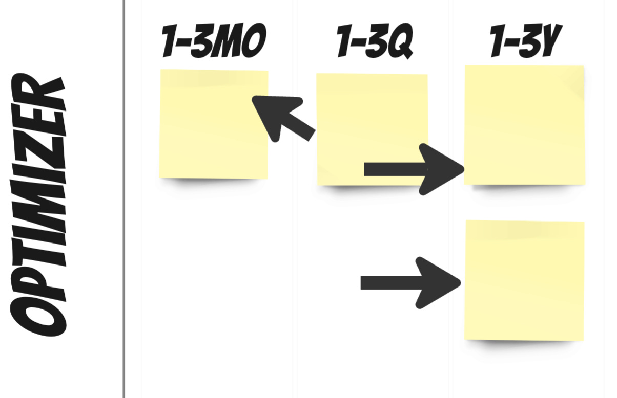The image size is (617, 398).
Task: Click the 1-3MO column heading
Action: tap(214, 41)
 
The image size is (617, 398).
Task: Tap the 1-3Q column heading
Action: tap(375, 41)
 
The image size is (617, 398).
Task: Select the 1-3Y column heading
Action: tap(526, 41)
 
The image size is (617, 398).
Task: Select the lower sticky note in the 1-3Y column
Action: tap(524, 280)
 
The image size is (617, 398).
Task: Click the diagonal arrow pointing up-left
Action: tap(283, 118)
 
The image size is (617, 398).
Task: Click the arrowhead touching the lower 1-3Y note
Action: tap(438, 282)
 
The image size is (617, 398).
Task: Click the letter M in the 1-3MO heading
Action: tap(229, 41)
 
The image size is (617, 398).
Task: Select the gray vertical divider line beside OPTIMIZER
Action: tap(124, 205)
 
